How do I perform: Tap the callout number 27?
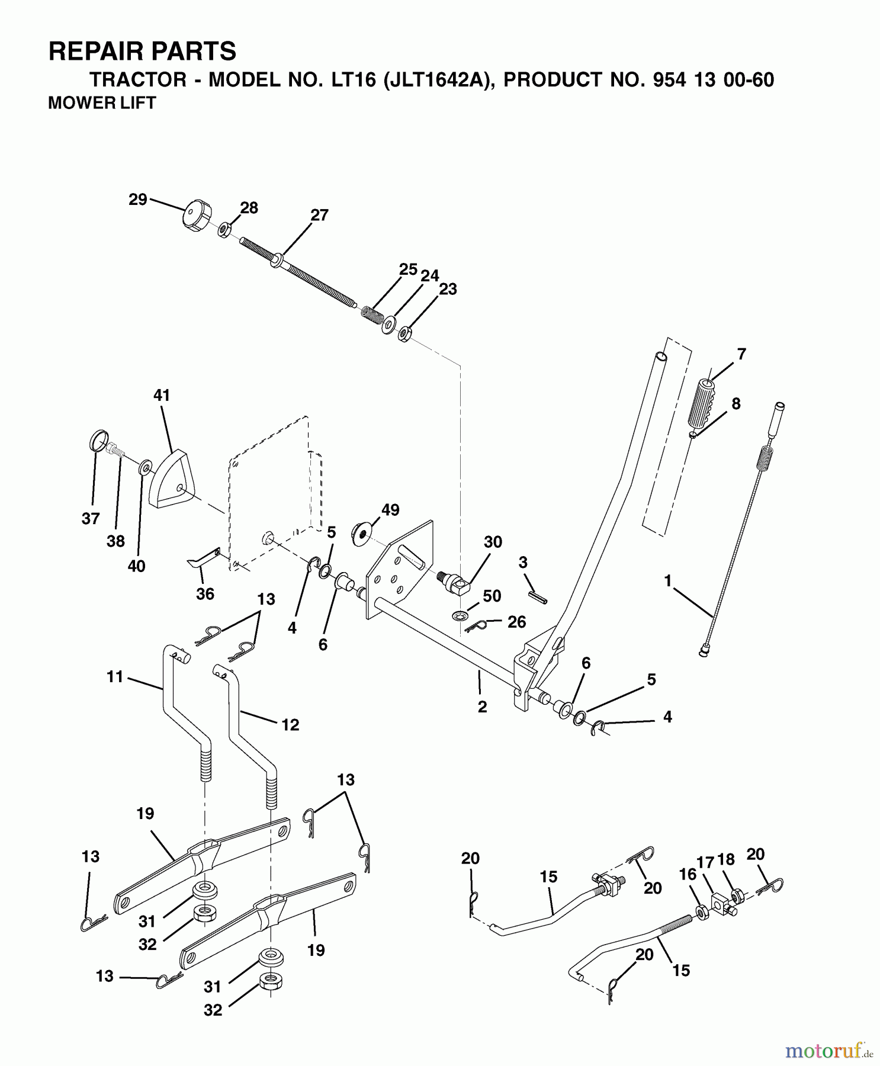pos(319,216)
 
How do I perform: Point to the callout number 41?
pos(162,396)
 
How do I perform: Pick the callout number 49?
pos(391,510)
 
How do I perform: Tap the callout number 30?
pos(493,542)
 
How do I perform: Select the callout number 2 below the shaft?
pos(482,707)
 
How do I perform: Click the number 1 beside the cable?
pos(668,581)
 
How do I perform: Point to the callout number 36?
pos(205,593)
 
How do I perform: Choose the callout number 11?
pos(115,676)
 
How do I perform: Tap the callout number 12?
pos(290,725)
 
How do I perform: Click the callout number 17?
pos(705,863)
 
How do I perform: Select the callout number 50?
pos(492,596)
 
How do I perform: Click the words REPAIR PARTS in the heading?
pos(142,52)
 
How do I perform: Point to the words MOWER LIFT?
pos(101,103)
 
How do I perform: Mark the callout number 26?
pos(516,621)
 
